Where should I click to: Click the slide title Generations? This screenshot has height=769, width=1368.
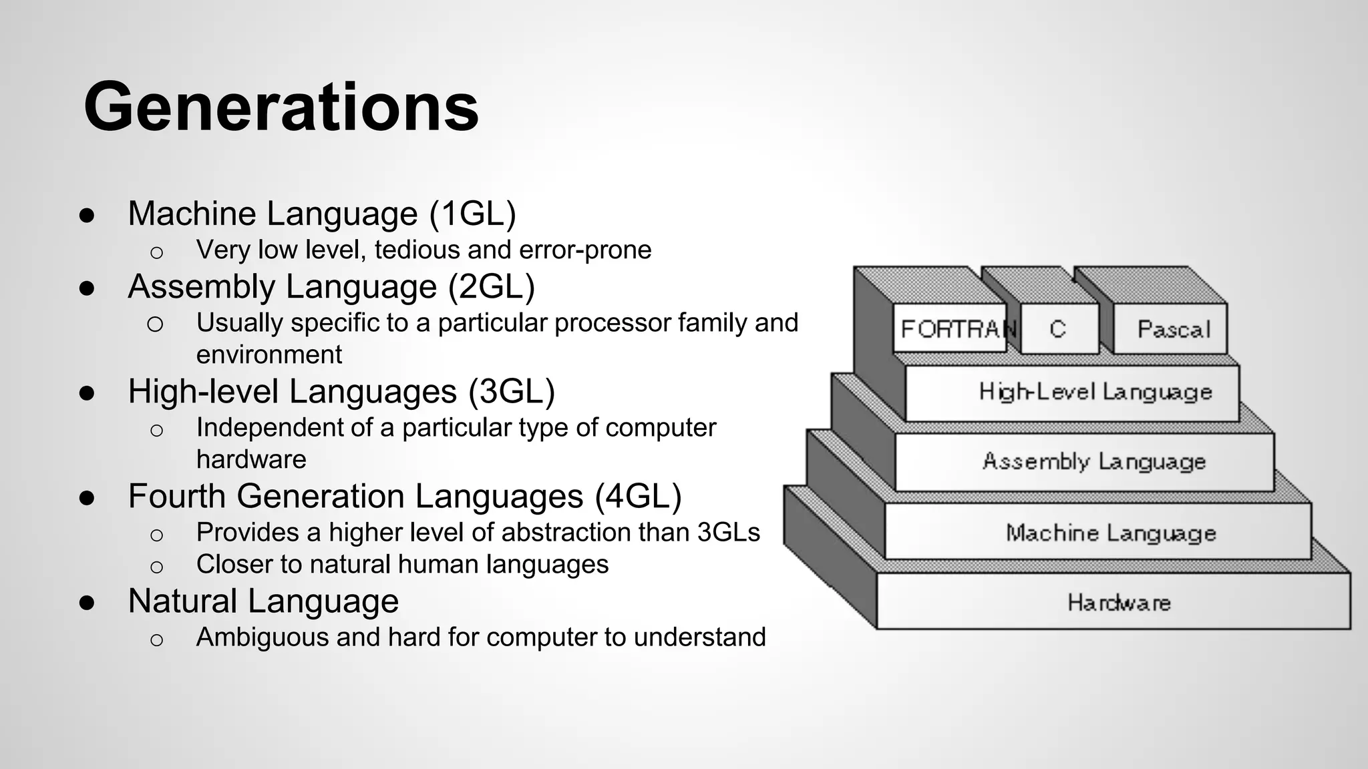point(281,107)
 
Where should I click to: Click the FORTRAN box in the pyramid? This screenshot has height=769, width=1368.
point(952,329)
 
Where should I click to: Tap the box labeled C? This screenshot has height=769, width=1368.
point(1058,329)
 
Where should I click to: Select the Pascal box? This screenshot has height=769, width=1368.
point(1173,329)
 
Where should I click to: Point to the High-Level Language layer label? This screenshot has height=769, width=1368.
point(1095,392)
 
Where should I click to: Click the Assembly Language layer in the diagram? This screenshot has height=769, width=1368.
point(1094,461)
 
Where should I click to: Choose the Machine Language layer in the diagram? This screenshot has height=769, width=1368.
point(1111,533)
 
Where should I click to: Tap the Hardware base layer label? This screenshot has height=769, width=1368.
point(1119,603)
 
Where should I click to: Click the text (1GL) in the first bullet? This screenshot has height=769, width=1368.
point(472,214)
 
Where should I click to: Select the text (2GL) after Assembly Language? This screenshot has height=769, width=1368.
point(491,287)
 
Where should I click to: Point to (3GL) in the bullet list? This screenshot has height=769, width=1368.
point(511,392)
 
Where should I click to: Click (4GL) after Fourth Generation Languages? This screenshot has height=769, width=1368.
point(638,497)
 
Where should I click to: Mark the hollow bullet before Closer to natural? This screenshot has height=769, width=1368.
point(156,567)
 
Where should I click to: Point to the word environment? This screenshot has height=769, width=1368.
point(269,354)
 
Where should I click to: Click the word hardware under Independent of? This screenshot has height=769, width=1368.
point(251,459)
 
